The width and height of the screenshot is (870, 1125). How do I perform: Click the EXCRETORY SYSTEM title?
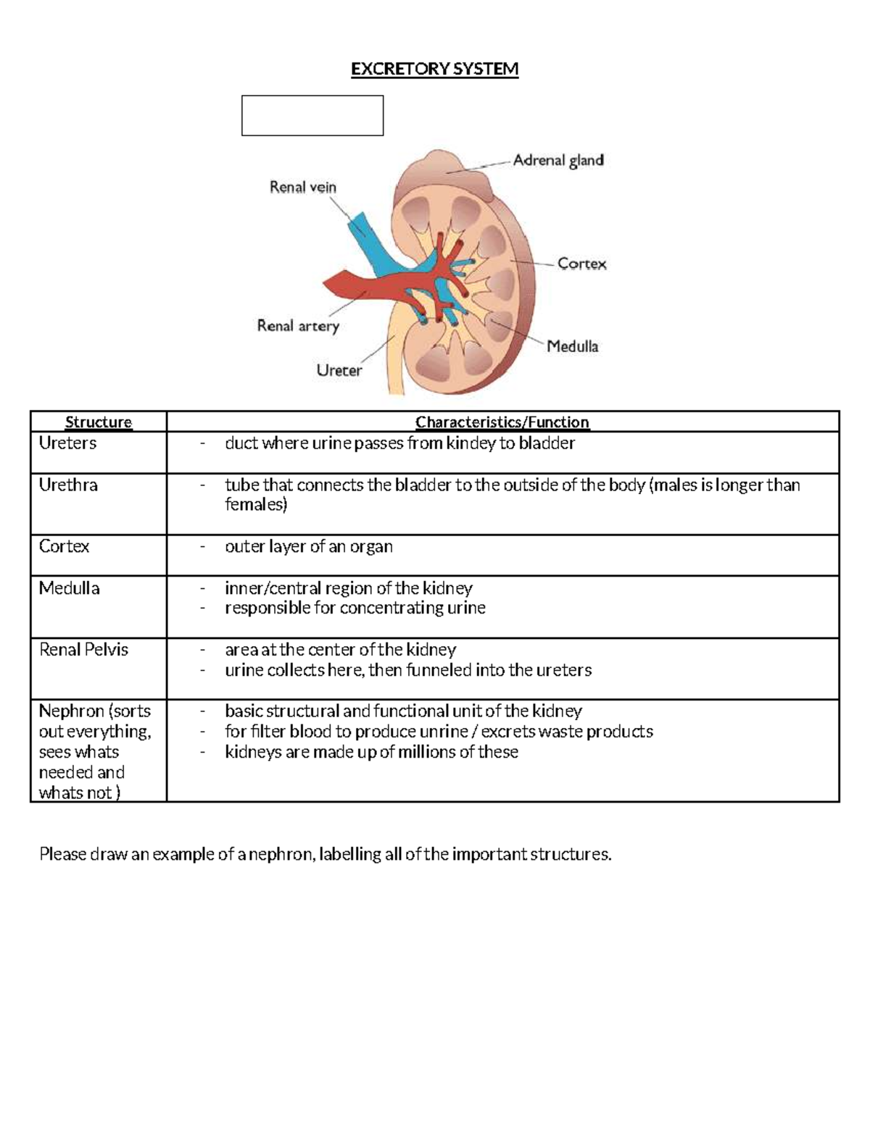coord(434,69)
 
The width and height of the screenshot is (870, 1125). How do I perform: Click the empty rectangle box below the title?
coord(312,115)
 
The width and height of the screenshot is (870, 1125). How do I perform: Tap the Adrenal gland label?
coord(558,160)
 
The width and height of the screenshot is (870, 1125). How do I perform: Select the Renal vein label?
coord(303,187)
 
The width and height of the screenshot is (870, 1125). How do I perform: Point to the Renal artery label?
coord(298,326)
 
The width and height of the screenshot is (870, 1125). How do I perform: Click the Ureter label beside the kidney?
coord(339,370)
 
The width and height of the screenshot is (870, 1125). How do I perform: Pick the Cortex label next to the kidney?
coord(581,264)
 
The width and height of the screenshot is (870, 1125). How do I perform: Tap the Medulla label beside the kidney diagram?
coord(572,346)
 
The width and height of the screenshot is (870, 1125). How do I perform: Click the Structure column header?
coord(99,422)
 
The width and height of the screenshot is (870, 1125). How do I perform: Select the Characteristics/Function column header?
coord(502,422)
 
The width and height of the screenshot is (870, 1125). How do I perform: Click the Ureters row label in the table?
coord(67,443)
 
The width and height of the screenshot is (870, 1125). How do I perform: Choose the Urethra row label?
coord(68,485)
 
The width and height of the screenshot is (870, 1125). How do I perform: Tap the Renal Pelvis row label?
coord(83,650)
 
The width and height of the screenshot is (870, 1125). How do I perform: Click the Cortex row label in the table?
coord(64,546)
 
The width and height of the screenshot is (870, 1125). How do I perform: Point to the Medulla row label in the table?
coord(69,588)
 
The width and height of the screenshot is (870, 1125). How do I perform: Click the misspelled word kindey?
coord(471,443)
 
